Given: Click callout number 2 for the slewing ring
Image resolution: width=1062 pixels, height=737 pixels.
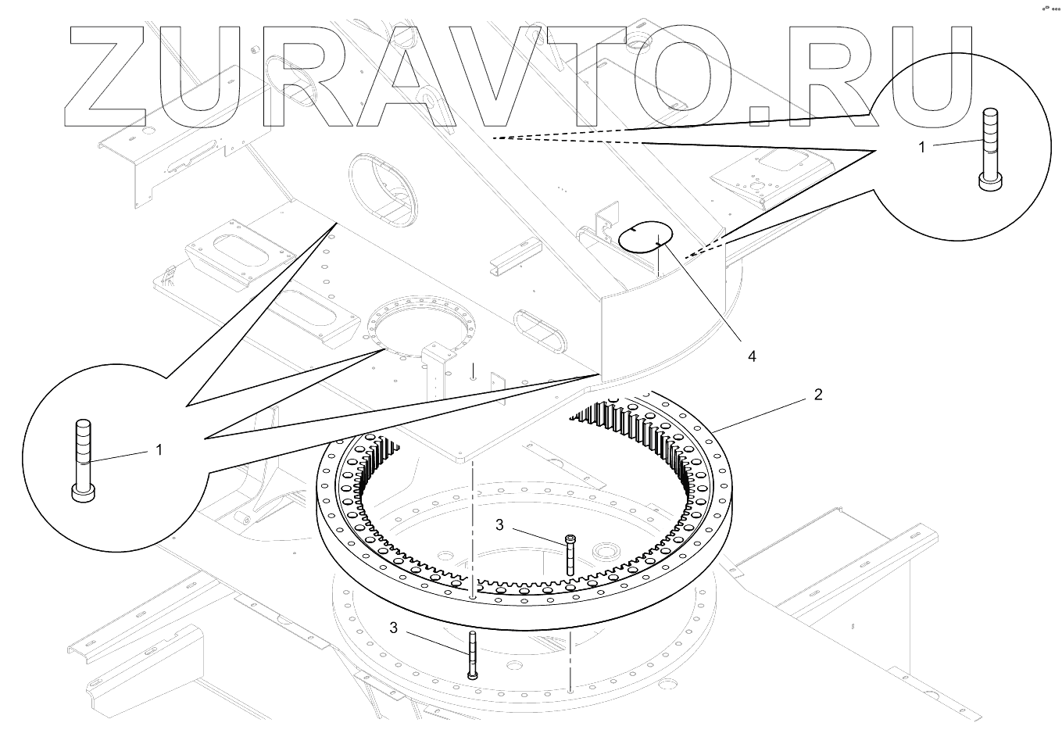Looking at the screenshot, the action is [817, 395].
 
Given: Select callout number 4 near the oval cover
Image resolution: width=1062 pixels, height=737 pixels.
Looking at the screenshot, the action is [752, 356].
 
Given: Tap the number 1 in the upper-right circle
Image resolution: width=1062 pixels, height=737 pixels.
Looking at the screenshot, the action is [922, 147].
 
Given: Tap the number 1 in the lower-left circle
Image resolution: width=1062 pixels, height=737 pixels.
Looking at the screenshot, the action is [159, 450].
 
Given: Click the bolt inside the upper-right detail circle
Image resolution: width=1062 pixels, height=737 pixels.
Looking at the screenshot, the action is [989, 148].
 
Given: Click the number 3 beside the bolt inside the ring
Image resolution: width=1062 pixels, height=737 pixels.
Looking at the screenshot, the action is [500, 525].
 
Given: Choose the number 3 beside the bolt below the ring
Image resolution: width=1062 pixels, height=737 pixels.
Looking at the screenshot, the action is [394, 628].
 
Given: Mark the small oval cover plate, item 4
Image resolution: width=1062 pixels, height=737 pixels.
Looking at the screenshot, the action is [645, 237].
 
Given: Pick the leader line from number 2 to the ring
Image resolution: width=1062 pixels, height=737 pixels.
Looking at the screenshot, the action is [762, 413].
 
